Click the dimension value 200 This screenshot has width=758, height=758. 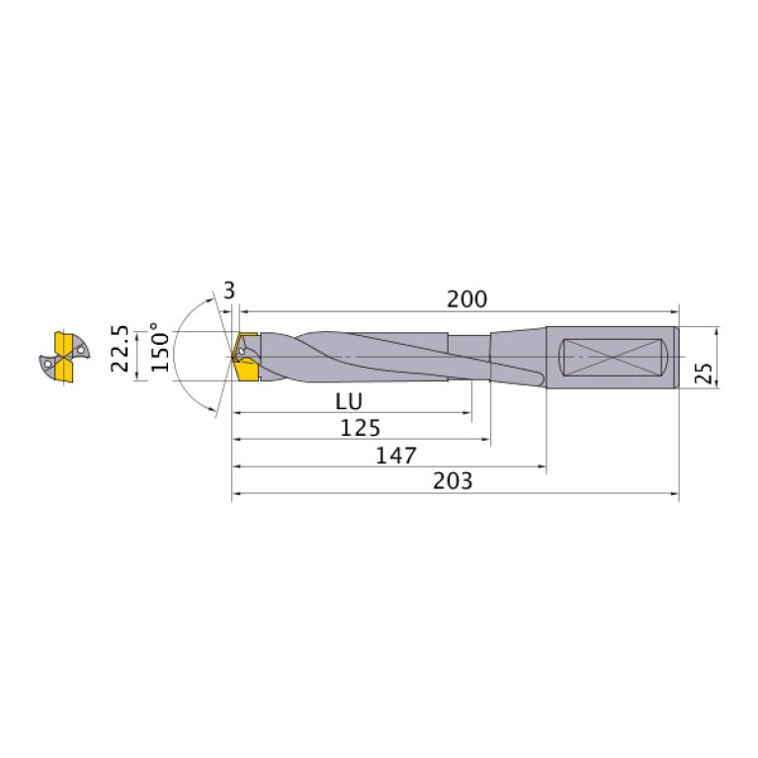pos(466,299)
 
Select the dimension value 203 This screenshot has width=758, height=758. pos(453,481)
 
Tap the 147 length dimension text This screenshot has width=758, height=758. pos(396,456)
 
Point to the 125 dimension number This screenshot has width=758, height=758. pos(360,428)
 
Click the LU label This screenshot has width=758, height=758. pos(349,401)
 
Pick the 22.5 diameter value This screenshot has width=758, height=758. pos(120,349)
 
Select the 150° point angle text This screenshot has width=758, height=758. pos(160,347)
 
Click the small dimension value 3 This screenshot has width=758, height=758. pos(229,291)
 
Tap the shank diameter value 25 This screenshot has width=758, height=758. pos(704,373)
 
